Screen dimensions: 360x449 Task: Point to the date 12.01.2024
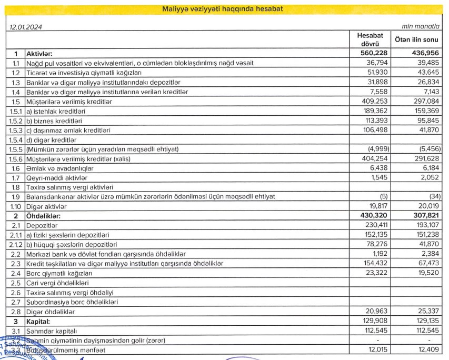point(26,26)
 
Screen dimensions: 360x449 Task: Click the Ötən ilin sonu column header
point(416,39)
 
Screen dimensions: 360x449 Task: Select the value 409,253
point(375,102)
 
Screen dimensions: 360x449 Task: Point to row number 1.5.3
point(16,130)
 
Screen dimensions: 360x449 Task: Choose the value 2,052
point(428,177)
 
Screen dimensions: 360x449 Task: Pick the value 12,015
point(377,349)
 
